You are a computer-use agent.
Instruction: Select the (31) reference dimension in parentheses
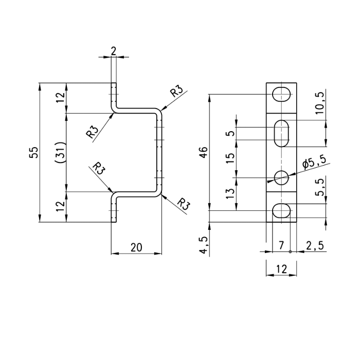[x=60, y=153]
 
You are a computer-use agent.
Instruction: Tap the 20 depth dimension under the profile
[x=136, y=247]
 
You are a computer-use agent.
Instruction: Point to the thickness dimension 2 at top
[x=113, y=50]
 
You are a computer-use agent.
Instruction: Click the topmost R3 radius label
[x=176, y=92]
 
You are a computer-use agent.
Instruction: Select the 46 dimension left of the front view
[x=204, y=152]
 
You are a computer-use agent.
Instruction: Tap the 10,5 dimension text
[x=319, y=102]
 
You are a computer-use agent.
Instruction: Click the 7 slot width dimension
[x=281, y=246]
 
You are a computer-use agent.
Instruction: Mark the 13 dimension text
[x=230, y=193]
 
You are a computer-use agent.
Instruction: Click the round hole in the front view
[x=281, y=178]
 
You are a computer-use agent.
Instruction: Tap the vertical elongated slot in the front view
[x=281, y=133]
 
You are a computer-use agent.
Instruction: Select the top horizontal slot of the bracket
[x=281, y=94]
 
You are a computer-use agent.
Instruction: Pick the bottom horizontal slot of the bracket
[x=281, y=210]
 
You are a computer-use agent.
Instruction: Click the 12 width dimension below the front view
[x=281, y=269]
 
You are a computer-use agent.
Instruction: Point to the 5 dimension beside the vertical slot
[x=230, y=133]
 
